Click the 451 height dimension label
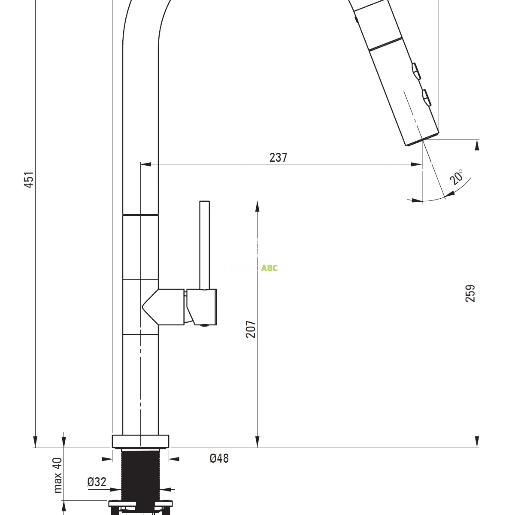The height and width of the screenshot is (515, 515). coord(28,180)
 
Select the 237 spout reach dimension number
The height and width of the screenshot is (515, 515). coord(278,158)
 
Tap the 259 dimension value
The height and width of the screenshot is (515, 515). coord(471,293)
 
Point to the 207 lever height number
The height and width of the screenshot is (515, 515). coord(251,329)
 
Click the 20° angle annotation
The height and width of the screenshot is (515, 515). coord(457,177)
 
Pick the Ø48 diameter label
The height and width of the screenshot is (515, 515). coord(219,459)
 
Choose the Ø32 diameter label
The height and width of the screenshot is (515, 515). coord(97,482)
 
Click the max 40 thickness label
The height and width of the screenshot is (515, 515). coord(58,476)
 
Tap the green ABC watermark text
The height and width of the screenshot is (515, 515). coord(270,268)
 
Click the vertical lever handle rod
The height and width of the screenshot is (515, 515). coord(205,245)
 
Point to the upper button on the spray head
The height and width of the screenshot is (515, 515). coord(416,71)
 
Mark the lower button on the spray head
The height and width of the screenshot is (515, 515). coord(426,97)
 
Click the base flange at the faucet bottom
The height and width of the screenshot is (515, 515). coord(140,441)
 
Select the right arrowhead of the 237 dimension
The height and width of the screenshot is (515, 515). coord(418,164)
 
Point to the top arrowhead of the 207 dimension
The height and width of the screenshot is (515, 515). coord(257,206)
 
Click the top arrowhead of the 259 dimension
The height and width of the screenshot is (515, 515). coord(477,145)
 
